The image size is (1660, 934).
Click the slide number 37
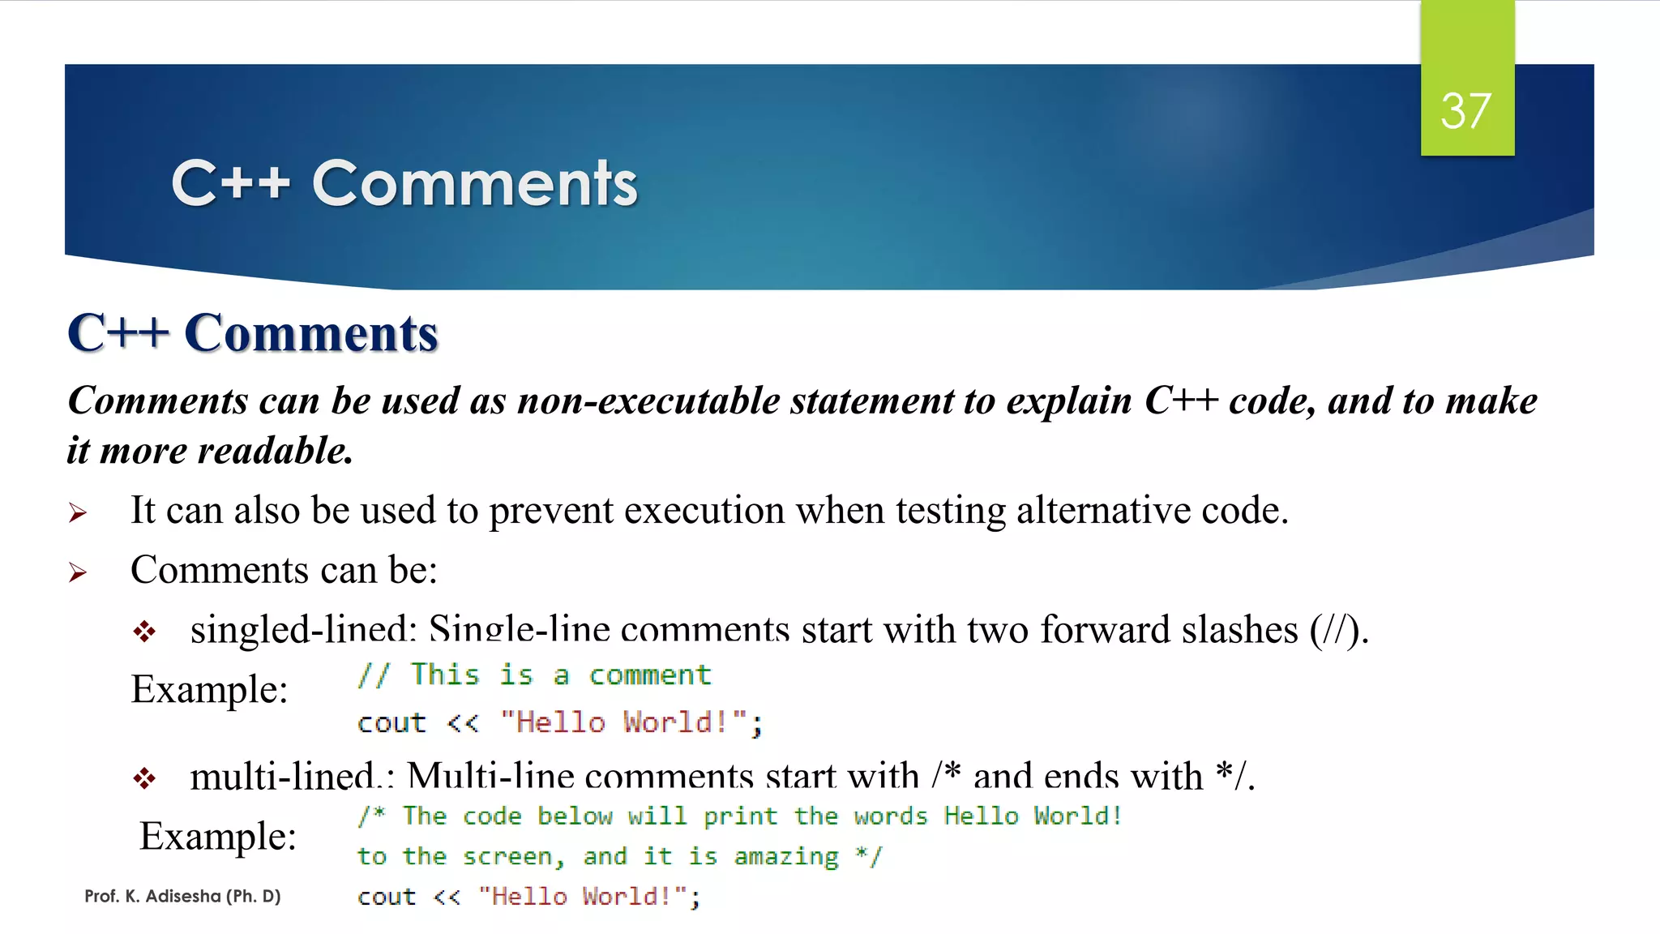pos(1465,111)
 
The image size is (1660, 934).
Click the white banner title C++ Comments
pos(404,183)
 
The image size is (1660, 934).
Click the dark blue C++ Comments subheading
pos(253,333)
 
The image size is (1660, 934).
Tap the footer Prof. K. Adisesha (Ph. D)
pos(182,896)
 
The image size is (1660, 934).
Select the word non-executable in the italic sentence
pos(648,401)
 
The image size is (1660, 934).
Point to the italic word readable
pos(276,451)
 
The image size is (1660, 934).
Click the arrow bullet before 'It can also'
pos(78,512)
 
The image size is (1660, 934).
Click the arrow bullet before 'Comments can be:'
pos(78,572)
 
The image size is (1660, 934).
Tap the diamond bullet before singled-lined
pos(144,632)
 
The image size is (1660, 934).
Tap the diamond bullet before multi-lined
pos(144,779)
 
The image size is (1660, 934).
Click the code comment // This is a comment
pos(534,675)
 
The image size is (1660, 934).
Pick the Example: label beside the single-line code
pos(209,689)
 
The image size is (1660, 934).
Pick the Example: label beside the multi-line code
pos(218,836)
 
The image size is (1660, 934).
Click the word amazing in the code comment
pos(785,856)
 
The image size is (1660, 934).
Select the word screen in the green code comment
pos(507,857)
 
